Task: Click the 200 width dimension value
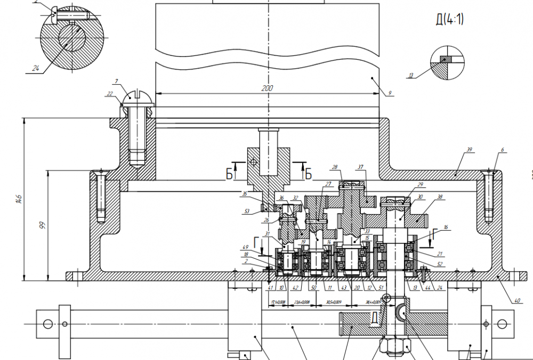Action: tap(268, 88)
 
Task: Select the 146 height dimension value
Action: tap(19, 199)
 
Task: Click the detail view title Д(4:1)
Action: tap(450, 20)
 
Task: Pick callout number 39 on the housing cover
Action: tap(470, 150)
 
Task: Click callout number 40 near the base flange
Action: tap(516, 300)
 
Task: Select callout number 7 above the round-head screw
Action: tap(115, 81)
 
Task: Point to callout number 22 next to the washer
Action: tap(110, 94)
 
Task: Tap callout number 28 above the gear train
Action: tap(334, 168)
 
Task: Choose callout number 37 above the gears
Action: tap(361, 168)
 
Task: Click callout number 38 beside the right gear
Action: tap(440, 197)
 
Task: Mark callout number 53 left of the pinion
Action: tap(247, 211)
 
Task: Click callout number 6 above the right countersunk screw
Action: tap(502, 150)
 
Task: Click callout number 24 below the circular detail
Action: tap(36, 68)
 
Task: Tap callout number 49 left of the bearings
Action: tap(245, 247)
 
